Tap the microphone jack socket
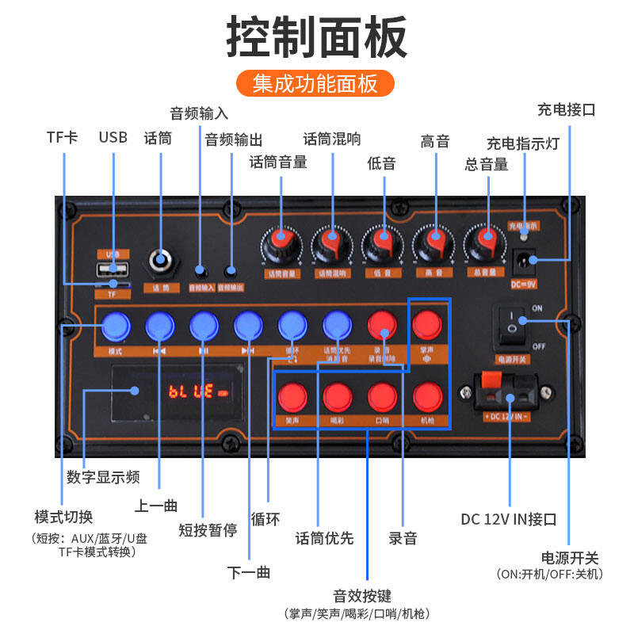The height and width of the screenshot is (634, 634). click(x=162, y=261)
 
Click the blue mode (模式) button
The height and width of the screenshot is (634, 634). click(x=115, y=324)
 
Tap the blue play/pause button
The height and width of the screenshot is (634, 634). click(x=204, y=324)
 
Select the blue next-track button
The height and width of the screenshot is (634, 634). click(x=248, y=324)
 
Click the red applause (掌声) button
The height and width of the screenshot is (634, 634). click(x=427, y=324)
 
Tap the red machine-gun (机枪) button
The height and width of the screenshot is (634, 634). click(x=427, y=395)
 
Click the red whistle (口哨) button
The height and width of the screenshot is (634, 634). click(x=382, y=395)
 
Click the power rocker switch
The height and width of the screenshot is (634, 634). click(x=512, y=327)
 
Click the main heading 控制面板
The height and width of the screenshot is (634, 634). click(x=316, y=36)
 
